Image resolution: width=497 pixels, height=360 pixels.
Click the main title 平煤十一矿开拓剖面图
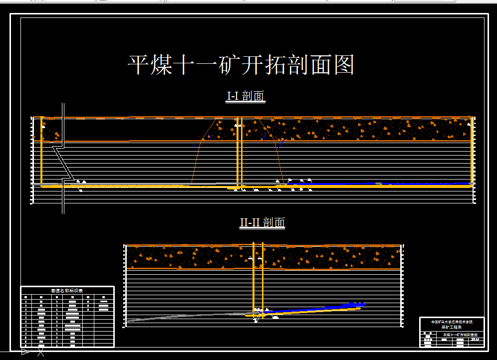[242, 65]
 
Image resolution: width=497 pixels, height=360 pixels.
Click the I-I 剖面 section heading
[246, 96]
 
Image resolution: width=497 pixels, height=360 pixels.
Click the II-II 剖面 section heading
[262, 222]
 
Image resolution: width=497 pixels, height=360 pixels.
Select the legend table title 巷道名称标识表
[67, 291]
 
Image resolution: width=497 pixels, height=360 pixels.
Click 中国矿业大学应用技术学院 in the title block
[452, 322]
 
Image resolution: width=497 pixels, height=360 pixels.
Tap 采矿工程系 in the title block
[452, 328]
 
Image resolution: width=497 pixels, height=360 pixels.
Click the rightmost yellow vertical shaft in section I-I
[472, 150]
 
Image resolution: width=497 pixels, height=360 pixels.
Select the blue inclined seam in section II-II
[319, 309]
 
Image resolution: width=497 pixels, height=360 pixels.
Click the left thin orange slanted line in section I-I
[197, 160]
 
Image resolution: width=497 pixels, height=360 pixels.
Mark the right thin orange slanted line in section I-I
[277, 160]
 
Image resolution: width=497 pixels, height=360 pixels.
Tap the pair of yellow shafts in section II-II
[258, 279]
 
